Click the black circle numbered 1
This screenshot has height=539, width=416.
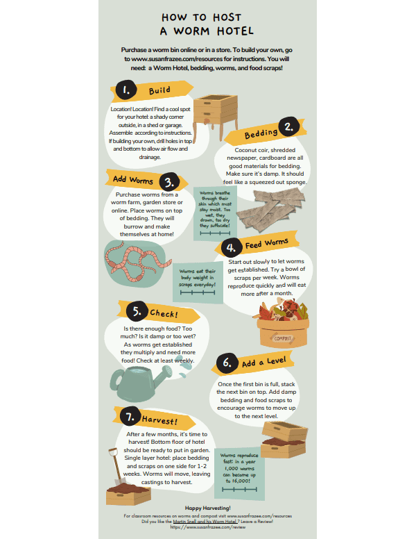coord(125,90)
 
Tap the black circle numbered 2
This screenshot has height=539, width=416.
coord(289,127)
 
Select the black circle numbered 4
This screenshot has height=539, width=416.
coord(231,247)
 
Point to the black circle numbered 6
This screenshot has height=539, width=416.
coord(227,363)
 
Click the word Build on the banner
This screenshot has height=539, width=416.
coord(159,90)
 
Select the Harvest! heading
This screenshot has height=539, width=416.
coord(159,420)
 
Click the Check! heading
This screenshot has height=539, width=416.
coord(164,313)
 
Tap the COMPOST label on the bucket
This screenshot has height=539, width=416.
coord(282,338)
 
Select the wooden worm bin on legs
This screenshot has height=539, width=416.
coord(216,116)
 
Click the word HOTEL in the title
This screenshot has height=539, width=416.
coord(235,31)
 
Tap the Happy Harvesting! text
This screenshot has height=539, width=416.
coord(208,508)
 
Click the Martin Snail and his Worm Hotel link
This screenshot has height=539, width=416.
coord(205,522)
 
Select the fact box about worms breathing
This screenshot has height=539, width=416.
coord(215,213)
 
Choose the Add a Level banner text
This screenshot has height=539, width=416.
coord(263,362)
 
